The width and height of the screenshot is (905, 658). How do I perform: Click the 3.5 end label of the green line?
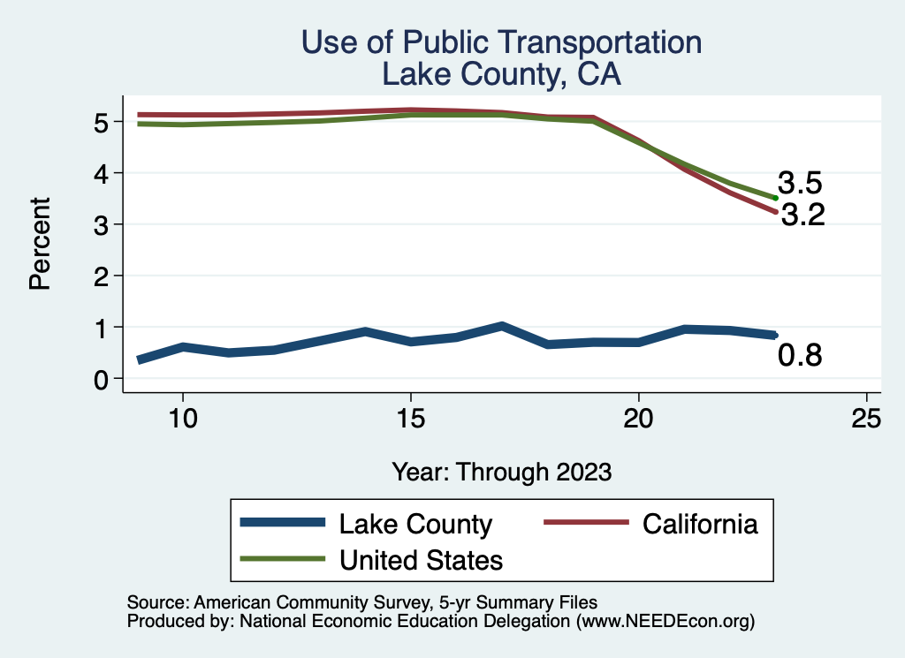tap(801, 184)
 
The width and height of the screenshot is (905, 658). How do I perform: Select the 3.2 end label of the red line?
tap(802, 215)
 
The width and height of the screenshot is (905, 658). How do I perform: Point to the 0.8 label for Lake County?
tap(800, 356)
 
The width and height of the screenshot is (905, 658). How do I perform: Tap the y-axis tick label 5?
tap(102, 122)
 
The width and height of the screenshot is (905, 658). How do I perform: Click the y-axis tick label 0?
tap(102, 379)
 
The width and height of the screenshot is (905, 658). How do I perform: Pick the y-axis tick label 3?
tap(102, 224)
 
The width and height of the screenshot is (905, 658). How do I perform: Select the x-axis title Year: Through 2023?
tap(502, 472)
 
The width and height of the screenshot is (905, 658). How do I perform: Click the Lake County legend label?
tap(415, 524)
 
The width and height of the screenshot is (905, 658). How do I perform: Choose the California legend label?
tap(700, 524)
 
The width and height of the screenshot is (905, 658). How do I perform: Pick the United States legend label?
tap(421, 559)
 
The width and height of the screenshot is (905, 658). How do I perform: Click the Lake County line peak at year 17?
tap(501, 327)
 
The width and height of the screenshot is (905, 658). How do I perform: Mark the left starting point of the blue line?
tap(139, 359)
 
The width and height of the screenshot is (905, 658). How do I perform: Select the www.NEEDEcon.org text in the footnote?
tap(665, 622)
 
